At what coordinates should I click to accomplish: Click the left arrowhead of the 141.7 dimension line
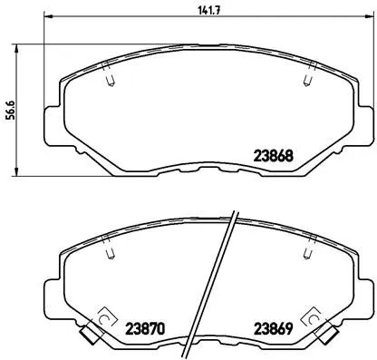click(49, 20)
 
